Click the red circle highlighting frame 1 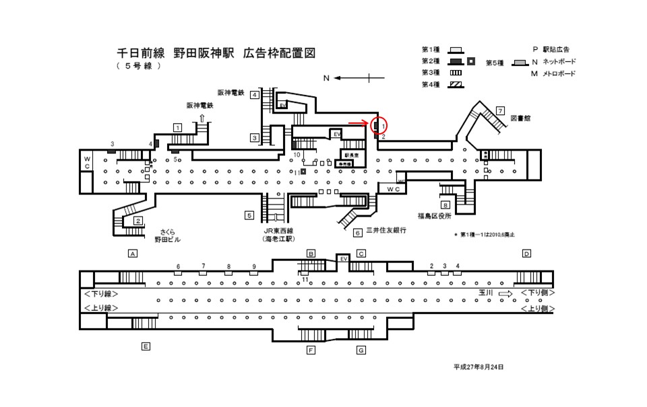378,125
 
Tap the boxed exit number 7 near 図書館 500,110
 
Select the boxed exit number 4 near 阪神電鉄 255,95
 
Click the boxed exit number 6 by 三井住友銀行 358,232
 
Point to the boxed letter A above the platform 133,254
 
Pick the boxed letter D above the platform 526,254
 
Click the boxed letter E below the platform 145,346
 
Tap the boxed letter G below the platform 361,350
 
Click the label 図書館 522,118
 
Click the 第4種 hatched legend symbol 456,85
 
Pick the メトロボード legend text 557,73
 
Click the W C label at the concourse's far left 87,162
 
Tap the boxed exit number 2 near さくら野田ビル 137,221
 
